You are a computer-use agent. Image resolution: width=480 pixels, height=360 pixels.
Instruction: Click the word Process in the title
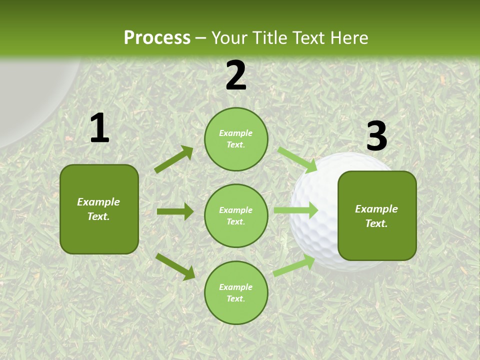pos(157,37)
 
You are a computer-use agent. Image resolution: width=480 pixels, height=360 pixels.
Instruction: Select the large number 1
pos(99,128)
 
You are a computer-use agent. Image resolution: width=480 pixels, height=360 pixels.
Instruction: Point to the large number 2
pos(236,75)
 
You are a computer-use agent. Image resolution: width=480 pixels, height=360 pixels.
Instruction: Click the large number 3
pos(376,136)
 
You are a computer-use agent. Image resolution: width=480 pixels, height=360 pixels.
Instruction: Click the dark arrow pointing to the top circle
pos(173,159)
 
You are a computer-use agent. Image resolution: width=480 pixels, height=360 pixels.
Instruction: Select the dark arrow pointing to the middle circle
pos(175,211)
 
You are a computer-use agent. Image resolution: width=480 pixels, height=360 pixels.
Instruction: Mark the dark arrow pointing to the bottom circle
pos(175,266)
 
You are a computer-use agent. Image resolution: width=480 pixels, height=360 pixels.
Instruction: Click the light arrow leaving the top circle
pos(297,159)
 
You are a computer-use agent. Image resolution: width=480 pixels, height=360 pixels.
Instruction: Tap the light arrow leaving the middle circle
pos(295,210)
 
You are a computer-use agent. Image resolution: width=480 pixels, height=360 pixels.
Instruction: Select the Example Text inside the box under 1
pos(98,209)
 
